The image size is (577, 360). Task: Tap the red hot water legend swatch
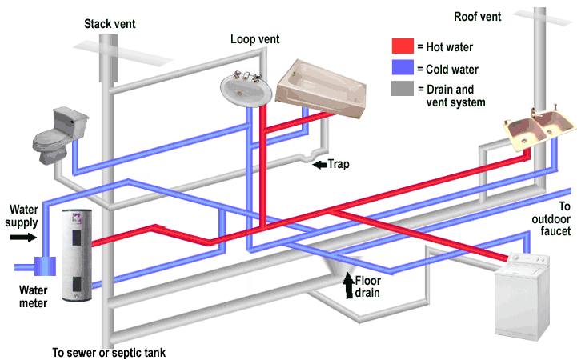[x=403, y=47]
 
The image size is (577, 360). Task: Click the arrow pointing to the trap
[x=318, y=165]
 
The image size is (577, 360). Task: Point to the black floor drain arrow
[x=348, y=284]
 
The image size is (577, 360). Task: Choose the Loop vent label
[x=254, y=38]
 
